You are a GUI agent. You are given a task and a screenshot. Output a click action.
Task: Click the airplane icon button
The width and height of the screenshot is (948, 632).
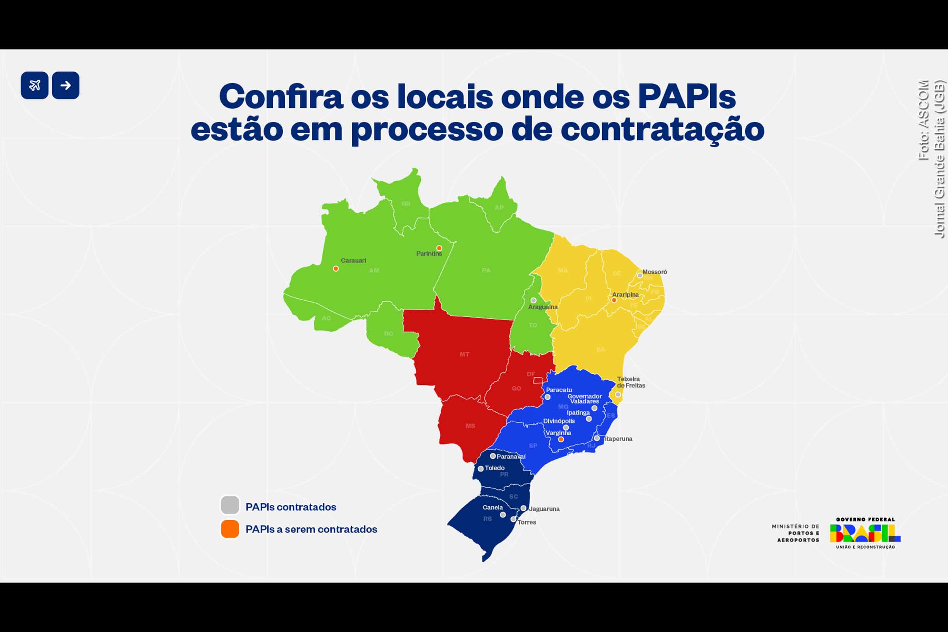[35, 85]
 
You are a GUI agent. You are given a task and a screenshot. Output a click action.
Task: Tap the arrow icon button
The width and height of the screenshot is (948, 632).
[66, 85]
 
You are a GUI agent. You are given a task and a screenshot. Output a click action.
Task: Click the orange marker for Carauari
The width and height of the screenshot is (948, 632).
[336, 269]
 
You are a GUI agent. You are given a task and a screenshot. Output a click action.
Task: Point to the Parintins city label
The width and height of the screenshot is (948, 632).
[429, 254]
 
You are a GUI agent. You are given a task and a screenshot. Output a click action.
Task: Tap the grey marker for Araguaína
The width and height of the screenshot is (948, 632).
[533, 300]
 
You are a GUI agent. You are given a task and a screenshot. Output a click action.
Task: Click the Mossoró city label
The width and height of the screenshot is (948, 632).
[655, 272]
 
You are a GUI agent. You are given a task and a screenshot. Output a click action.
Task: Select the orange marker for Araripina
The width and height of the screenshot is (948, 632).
[614, 300]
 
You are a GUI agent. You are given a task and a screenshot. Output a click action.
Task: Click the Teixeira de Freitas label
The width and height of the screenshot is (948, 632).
[631, 382]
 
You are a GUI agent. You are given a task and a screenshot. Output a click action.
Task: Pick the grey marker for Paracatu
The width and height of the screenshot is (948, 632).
[547, 397]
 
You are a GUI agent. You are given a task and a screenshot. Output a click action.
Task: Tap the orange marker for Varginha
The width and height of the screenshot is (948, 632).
[561, 439]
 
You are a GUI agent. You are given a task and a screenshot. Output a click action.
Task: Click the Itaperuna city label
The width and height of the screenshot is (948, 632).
[618, 438]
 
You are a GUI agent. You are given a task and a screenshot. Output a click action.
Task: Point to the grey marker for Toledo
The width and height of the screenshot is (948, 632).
[480, 469]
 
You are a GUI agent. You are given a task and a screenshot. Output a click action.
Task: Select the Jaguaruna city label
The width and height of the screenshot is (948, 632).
[544, 509]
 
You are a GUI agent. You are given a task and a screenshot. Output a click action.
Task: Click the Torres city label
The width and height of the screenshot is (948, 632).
[527, 522]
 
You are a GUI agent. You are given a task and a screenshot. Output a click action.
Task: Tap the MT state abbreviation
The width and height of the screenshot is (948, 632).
[465, 354]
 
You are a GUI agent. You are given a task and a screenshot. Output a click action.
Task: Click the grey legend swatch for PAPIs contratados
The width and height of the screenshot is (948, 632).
[230, 505]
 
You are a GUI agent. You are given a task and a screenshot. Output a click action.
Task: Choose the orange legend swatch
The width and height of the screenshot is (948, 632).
[230, 529]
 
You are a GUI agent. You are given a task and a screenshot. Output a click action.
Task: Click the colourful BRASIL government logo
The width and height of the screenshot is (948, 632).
[865, 533]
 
